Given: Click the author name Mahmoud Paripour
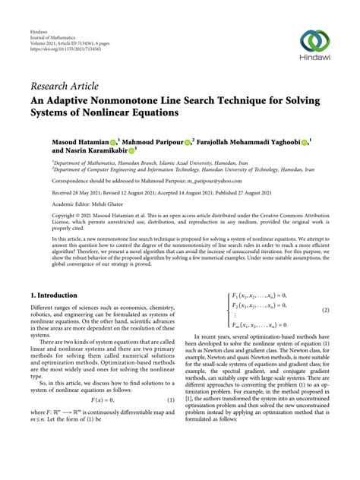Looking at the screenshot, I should tap(156, 142).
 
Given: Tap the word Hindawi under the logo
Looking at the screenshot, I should tap(314, 66).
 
